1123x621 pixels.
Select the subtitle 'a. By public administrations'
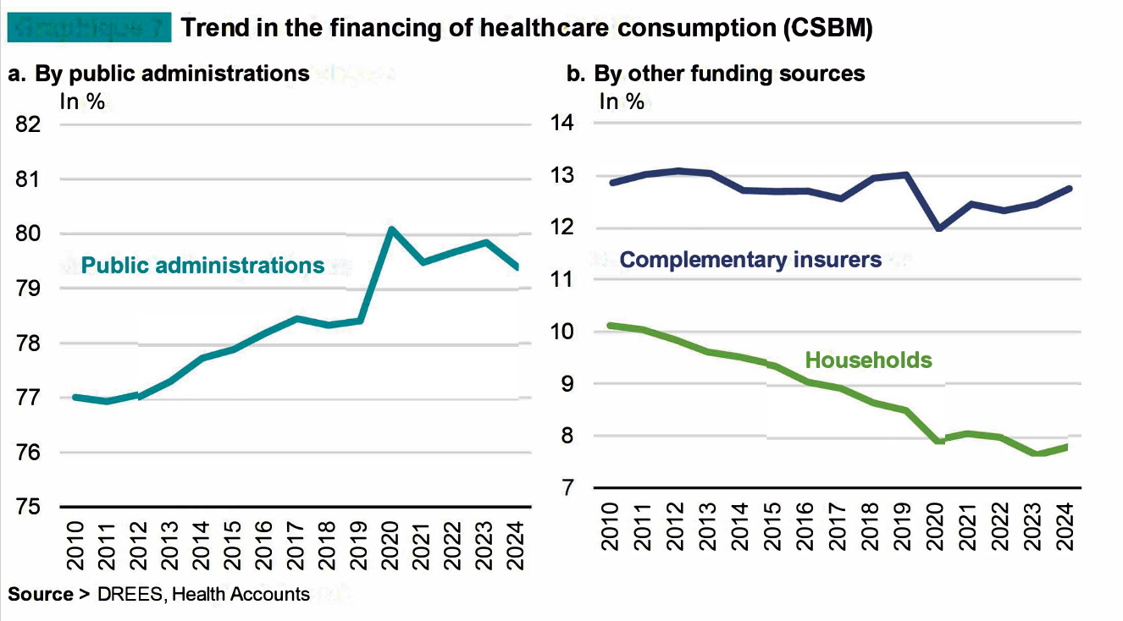pyautogui.click(x=158, y=74)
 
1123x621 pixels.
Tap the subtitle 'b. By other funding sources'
pyautogui.click(x=716, y=74)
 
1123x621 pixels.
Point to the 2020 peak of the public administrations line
pyautogui.click(x=391, y=229)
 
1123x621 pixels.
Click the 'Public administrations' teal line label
pyautogui.click(x=202, y=266)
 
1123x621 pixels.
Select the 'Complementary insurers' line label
pyautogui.click(x=750, y=259)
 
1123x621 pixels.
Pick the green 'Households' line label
pyautogui.click(x=868, y=360)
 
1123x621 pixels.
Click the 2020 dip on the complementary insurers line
pyautogui.click(x=938, y=228)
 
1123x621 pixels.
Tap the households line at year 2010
pyautogui.click(x=610, y=325)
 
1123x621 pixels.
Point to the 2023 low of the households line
pyautogui.click(x=1035, y=453)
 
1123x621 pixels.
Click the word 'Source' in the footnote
pyautogui.click(x=41, y=595)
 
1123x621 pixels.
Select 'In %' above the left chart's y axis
pyautogui.click(x=81, y=102)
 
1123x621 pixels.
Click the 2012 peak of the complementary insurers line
pyautogui.click(x=675, y=171)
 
